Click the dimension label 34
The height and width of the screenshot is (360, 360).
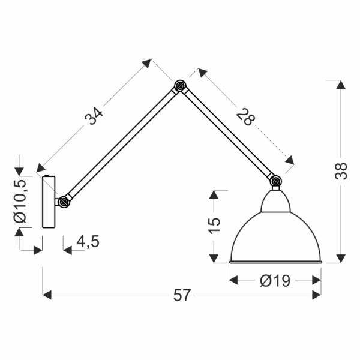click(x=95, y=115)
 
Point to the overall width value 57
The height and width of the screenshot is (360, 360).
click(x=182, y=295)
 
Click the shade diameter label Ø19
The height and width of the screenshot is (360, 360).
click(x=275, y=280)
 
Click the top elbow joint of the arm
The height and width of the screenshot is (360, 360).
click(x=179, y=86)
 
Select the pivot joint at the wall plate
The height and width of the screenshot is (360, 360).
click(x=64, y=202)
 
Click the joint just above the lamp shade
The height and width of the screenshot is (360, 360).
click(x=275, y=181)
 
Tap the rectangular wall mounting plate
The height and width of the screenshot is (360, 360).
click(x=49, y=202)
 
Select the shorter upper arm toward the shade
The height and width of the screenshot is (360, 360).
click(x=228, y=134)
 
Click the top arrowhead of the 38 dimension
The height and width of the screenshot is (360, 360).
click(x=341, y=85)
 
